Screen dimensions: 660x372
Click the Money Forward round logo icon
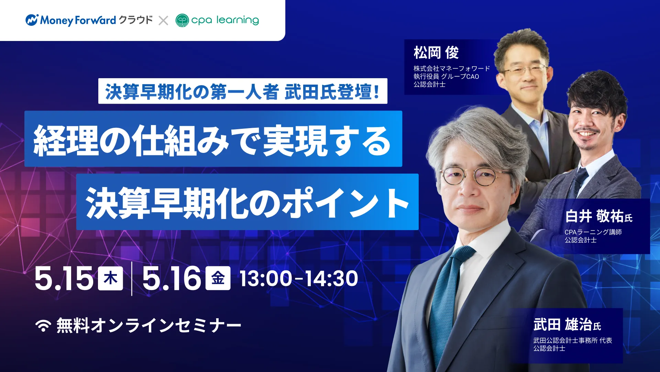[x=32, y=20]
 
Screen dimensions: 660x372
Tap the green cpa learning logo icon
[x=182, y=20]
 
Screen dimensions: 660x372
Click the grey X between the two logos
[x=163, y=21]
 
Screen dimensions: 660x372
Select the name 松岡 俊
[x=436, y=53]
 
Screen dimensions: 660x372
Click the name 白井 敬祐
[x=594, y=216]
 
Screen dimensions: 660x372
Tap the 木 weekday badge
[x=110, y=278]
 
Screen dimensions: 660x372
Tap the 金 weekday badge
[x=218, y=278]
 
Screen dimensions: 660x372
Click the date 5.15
[x=64, y=278]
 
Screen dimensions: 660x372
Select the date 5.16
[x=172, y=278]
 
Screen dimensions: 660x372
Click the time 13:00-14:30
[x=299, y=278]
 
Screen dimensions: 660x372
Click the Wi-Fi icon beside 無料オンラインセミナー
[x=43, y=325]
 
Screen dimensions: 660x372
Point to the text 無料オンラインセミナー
[x=149, y=325]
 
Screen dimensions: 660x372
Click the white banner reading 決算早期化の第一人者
[x=243, y=91]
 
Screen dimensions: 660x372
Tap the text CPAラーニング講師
[x=593, y=232]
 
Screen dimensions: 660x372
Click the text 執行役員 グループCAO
[x=446, y=76]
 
